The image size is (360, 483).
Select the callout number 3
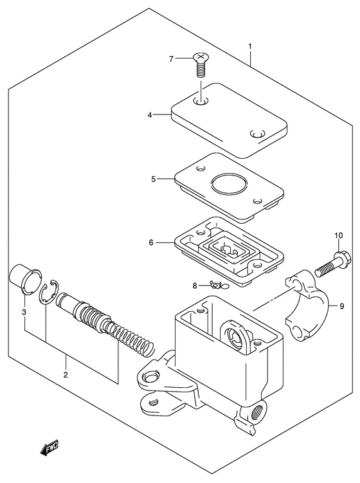pos(24,313)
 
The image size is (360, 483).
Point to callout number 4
pos(149,116)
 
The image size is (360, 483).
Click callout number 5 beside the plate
pos(153,179)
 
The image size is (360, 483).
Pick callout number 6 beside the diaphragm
pos(150,243)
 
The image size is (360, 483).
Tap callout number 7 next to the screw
pos(172,59)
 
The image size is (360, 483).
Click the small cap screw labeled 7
pos(199,64)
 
